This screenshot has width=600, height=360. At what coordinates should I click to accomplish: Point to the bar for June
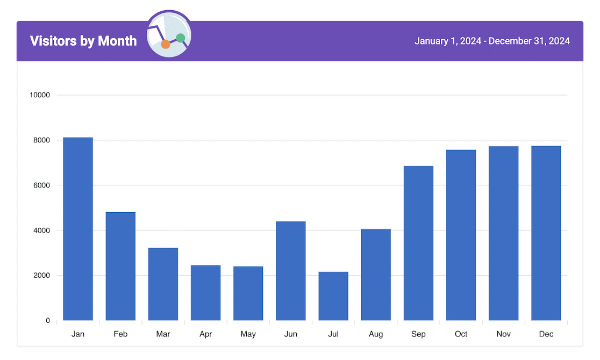[291, 271]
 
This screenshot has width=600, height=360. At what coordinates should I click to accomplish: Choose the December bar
[546, 233]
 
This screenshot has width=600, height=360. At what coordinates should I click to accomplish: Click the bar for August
[376, 275]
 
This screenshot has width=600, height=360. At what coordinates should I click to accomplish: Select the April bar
[205, 293]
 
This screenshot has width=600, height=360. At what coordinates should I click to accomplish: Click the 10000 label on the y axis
[39, 95]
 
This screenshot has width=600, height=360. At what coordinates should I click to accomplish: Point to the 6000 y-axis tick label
[41, 185]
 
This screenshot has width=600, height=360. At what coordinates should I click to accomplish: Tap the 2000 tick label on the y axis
[41, 276]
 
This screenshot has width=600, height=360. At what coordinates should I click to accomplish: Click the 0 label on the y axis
[48, 321]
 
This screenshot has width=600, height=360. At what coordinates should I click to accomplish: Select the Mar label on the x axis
[163, 334]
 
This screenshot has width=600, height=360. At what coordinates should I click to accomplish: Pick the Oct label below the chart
[461, 334]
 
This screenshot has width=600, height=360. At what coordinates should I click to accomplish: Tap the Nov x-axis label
[504, 334]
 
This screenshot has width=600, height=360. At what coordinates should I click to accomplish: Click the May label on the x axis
[248, 334]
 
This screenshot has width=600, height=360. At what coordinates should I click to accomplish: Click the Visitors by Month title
[83, 41]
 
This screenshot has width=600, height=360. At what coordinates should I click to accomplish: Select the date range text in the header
[492, 41]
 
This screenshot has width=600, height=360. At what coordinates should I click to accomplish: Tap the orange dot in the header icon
[166, 45]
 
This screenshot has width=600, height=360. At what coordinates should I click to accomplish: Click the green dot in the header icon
[181, 38]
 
